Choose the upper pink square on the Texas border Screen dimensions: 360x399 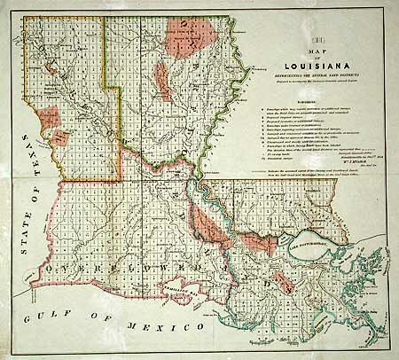click(51, 116)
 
